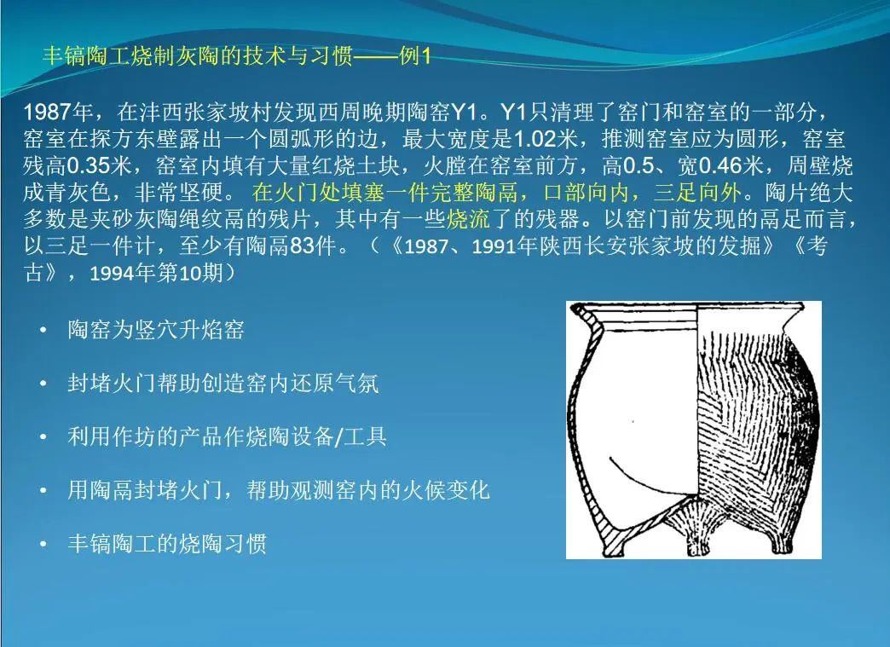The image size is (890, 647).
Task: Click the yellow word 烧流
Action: [468, 220]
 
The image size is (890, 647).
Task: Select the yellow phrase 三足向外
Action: [697, 193]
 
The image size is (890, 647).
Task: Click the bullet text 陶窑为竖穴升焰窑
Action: [156, 330]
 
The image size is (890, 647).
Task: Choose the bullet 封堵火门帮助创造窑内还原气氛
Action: [223, 384]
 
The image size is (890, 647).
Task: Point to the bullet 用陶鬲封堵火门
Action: [279, 490]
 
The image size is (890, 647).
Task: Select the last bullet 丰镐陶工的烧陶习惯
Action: [167, 544]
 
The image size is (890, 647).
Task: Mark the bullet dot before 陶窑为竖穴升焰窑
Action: [43, 330]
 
